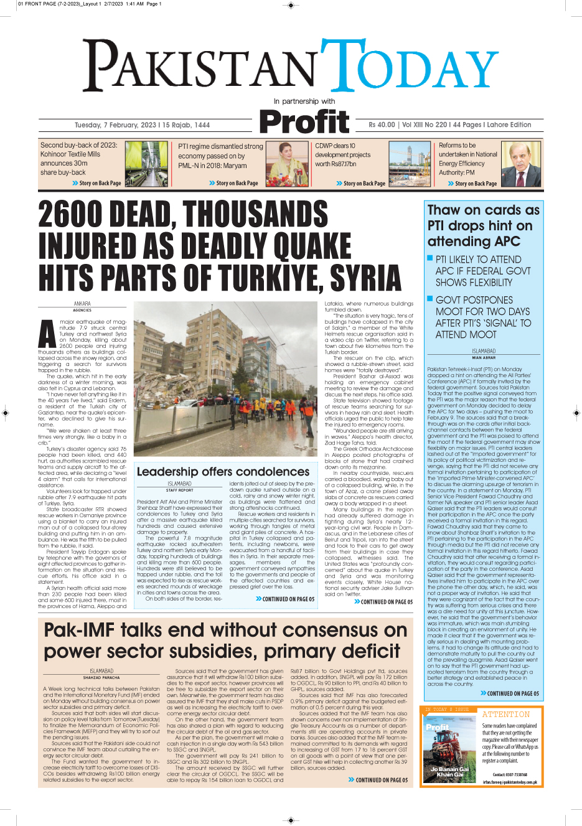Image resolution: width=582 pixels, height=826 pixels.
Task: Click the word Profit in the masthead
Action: click(x=304, y=122)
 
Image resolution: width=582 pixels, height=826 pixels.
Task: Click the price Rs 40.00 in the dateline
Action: click(x=381, y=125)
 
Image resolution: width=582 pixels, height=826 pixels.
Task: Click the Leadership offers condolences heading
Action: click(x=223, y=472)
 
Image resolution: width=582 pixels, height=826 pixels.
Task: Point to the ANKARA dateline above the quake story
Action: click(x=82, y=304)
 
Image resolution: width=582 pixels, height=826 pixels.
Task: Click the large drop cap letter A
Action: click(x=47, y=335)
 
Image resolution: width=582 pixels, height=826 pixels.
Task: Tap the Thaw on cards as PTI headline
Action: click(x=482, y=225)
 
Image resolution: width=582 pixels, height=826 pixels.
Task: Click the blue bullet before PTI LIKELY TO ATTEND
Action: click(x=430, y=258)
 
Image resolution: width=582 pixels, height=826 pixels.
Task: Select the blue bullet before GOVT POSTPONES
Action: click(x=430, y=299)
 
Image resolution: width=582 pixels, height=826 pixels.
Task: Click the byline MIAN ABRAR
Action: click(x=484, y=358)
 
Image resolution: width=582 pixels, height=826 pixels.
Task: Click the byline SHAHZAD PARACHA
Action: click(x=101, y=678)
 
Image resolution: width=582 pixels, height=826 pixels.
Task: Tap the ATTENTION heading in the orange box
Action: click(x=505, y=715)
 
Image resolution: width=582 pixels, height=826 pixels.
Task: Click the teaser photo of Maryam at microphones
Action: click(x=287, y=164)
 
